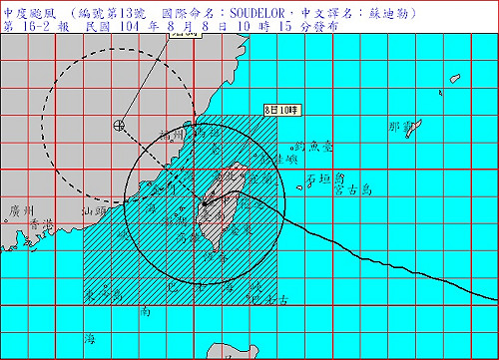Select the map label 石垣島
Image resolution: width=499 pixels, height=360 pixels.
[325, 180]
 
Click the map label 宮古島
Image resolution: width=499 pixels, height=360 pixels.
[355, 185]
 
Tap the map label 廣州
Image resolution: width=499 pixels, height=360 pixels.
[20, 210]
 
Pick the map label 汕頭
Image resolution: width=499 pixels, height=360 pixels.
[94, 210]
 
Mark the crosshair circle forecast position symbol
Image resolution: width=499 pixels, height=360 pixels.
[120, 126]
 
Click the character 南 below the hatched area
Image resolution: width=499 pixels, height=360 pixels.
[145, 312]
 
